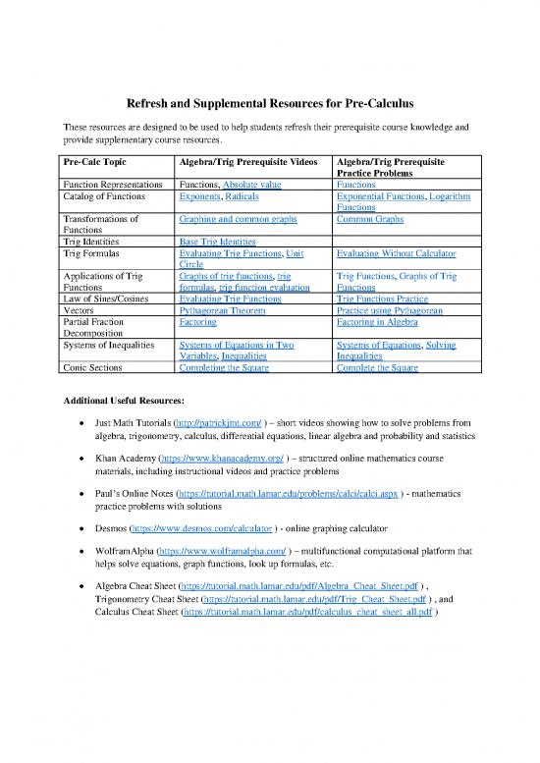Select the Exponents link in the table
(201, 196)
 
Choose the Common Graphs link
(369, 219)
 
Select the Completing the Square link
(225, 367)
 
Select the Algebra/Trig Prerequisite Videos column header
(247, 160)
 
